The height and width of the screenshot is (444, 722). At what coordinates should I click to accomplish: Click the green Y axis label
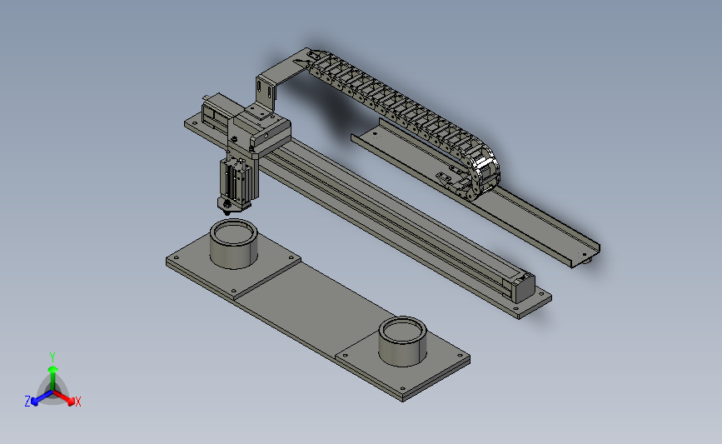pos(52,356)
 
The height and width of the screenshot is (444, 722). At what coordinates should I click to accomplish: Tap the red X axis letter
pos(78,402)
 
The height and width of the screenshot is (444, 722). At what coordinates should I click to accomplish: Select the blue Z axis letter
pos(27,402)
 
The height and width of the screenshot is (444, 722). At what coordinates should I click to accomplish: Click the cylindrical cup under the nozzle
pos(233,244)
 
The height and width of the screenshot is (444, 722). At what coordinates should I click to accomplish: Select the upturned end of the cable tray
pos(586,253)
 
